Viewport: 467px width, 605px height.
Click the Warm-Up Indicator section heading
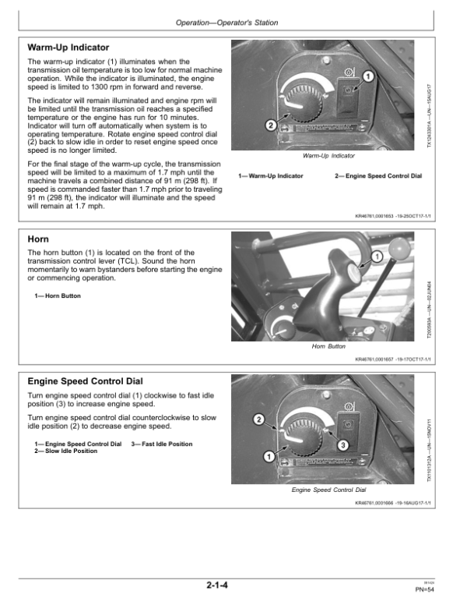68,48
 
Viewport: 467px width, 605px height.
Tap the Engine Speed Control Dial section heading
85,381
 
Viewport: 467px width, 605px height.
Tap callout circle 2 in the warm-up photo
269,126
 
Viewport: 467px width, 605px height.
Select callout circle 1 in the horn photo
377,257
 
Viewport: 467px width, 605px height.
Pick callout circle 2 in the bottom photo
258,421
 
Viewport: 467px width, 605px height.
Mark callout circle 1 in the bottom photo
269,457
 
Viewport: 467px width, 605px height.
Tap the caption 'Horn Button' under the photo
328,346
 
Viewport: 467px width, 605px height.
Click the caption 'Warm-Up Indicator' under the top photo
328,156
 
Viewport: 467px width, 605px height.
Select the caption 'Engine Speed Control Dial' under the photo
328,490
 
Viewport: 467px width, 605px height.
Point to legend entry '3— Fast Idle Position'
162,444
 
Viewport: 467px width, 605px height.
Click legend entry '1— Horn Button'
58,296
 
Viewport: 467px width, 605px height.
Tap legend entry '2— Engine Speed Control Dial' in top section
377,176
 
